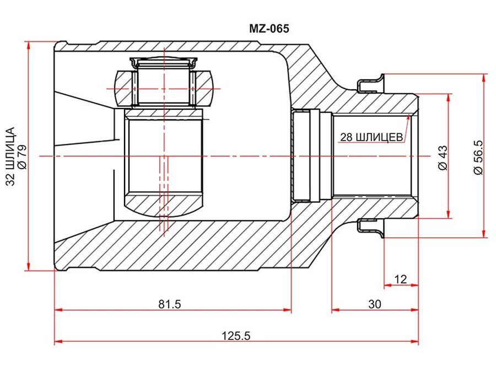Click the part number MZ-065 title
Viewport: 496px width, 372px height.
tap(269, 29)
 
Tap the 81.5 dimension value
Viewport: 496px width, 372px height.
tap(170, 304)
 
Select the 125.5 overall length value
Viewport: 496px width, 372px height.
tap(235, 336)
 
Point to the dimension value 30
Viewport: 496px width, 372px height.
tap(375, 304)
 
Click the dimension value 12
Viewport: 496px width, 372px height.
tap(401, 279)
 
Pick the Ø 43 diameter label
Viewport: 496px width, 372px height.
tap(444, 158)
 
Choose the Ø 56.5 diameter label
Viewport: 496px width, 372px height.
tap(478, 157)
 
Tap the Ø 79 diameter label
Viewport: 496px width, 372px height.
tap(23, 157)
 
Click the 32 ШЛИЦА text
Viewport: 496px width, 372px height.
tap(10, 157)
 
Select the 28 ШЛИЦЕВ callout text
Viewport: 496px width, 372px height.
tap(371, 137)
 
